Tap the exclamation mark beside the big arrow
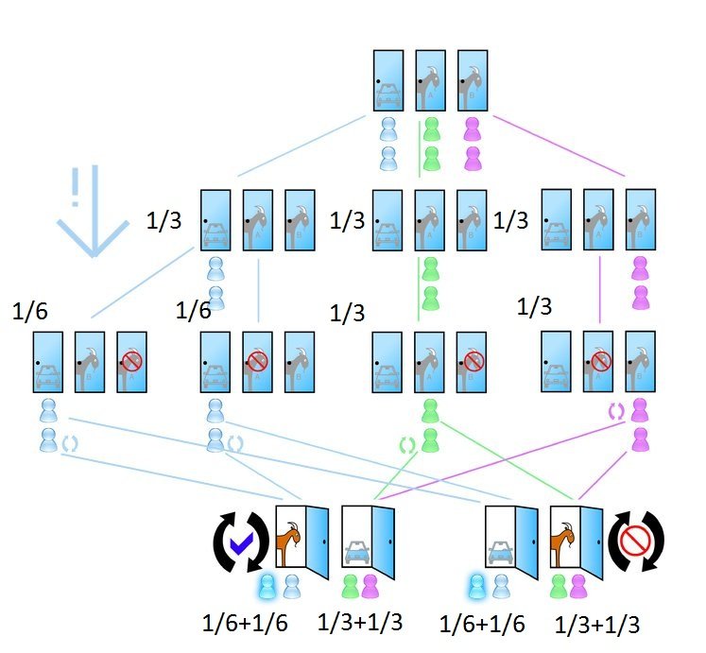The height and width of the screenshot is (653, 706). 75,190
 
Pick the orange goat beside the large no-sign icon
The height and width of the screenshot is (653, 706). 565,541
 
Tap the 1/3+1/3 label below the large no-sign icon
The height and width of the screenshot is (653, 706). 601,625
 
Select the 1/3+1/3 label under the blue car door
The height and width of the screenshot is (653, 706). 361,623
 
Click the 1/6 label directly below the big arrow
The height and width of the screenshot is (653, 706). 30,311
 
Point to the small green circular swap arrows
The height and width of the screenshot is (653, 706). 408,444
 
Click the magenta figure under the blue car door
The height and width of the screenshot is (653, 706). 370,586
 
